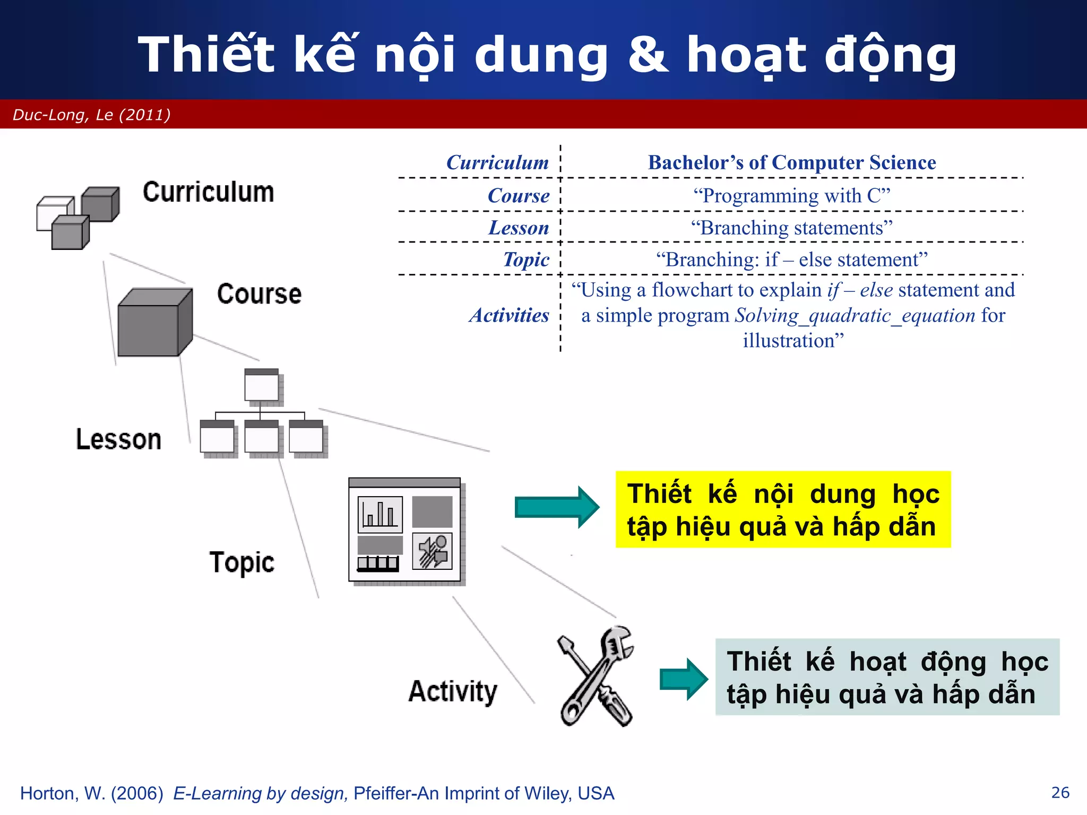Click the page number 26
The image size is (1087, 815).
tap(1060, 793)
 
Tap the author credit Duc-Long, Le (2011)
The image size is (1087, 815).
tap(91, 115)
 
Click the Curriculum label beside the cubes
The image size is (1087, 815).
tap(208, 192)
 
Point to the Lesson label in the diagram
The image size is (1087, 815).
tap(118, 439)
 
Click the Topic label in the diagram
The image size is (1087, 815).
tap(241, 562)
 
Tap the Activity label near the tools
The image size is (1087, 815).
tap(453, 691)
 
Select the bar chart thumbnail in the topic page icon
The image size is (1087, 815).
tap(380, 514)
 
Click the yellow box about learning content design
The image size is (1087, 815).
tap(783, 509)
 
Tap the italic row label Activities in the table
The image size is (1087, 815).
tap(508, 315)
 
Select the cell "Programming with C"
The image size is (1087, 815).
tap(791, 196)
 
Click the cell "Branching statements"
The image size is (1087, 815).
tap(791, 228)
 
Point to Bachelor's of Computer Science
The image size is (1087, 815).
tap(791, 162)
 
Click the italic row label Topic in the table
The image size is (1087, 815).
tap(526, 259)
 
